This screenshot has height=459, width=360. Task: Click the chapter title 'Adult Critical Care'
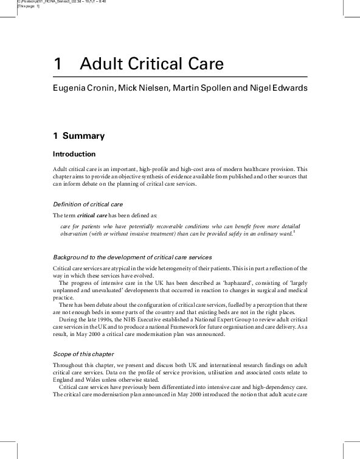(152, 64)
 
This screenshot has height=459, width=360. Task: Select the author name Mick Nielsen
(143, 88)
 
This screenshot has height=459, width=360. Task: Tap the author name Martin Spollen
(201, 88)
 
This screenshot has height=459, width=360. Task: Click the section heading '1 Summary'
(78, 136)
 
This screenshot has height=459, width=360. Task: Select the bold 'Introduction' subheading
(74, 154)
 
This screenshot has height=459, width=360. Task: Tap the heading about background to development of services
(132, 258)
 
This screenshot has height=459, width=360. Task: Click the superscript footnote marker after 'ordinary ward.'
(294, 231)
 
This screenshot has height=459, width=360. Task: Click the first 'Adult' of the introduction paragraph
(60, 169)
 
